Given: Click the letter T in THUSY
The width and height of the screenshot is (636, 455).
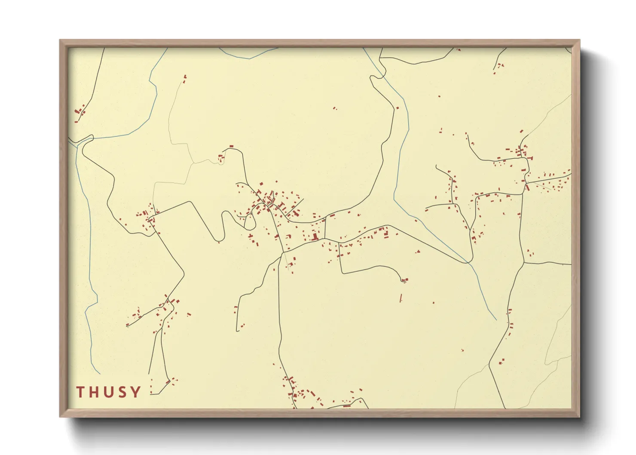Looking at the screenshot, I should pos(81,392).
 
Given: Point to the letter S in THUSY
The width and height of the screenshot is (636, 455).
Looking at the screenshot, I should pos(122,392).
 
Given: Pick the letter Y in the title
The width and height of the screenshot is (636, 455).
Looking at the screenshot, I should pos(135,392).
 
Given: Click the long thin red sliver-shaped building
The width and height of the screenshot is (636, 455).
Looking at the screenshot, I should pos(401,298).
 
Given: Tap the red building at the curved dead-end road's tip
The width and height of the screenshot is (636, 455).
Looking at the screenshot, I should pos(404,280).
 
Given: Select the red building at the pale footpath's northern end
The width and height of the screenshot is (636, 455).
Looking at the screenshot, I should pos(185,77).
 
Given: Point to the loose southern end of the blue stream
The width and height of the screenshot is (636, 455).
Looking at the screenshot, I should pos(496,320).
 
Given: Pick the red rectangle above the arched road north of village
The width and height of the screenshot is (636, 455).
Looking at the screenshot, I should pos(231,147).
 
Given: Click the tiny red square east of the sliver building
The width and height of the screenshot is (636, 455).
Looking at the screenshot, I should pos(434,303).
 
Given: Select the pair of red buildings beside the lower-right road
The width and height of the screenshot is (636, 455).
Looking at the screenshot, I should pos(501,361).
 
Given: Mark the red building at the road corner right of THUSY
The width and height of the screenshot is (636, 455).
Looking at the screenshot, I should pos(168,381).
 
